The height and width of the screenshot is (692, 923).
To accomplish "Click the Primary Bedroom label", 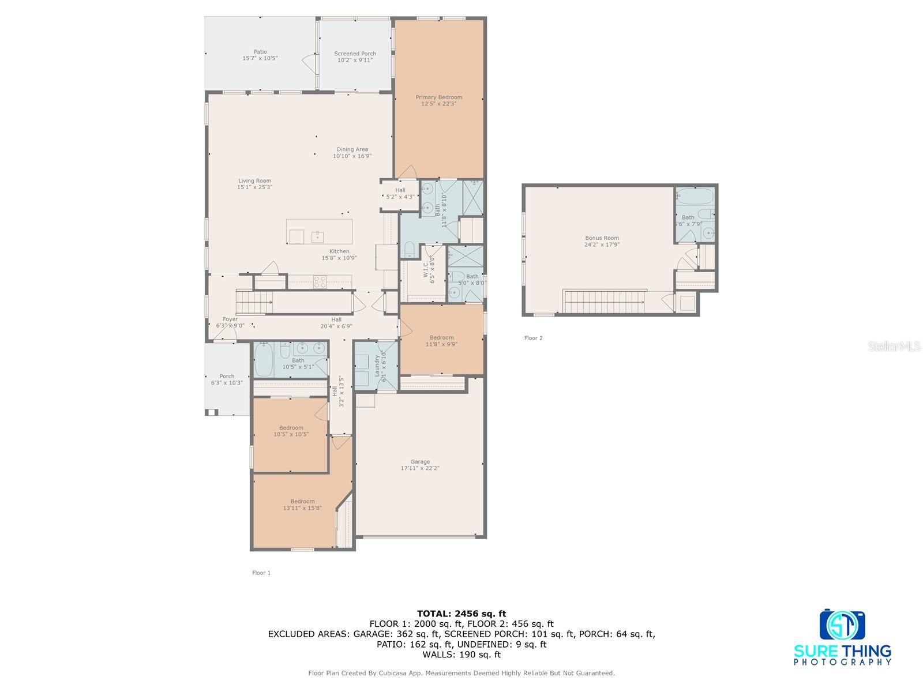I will (x=438, y=97).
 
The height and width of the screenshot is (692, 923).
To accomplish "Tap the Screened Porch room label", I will (x=355, y=54).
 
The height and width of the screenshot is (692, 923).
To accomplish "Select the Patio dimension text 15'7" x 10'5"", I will (x=260, y=59).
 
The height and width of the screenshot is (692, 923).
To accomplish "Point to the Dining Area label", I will (x=352, y=149).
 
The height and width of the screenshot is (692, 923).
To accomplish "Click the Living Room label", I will (x=254, y=181).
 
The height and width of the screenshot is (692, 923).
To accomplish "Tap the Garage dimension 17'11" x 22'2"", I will (x=420, y=468).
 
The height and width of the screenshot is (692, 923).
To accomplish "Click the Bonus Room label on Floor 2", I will (x=602, y=238).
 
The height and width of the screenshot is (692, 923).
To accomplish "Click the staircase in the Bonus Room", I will (x=603, y=302).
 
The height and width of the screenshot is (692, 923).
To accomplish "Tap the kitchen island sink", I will (x=317, y=236).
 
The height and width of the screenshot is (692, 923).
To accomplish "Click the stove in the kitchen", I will (x=320, y=281).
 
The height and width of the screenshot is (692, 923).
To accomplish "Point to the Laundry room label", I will (x=377, y=366).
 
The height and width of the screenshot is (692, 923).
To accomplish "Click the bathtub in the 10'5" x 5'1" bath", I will (x=264, y=359).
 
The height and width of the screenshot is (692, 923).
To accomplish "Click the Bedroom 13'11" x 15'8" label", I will (x=302, y=501).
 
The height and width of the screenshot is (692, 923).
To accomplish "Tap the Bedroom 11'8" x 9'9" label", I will (x=441, y=337).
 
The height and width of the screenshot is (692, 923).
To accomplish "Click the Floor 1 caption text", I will (x=261, y=573).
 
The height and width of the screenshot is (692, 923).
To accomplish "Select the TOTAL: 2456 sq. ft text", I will (x=461, y=614).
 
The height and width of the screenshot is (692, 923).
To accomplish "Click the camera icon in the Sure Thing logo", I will (x=842, y=625).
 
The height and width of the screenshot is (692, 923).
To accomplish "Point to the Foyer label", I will (x=230, y=319).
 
